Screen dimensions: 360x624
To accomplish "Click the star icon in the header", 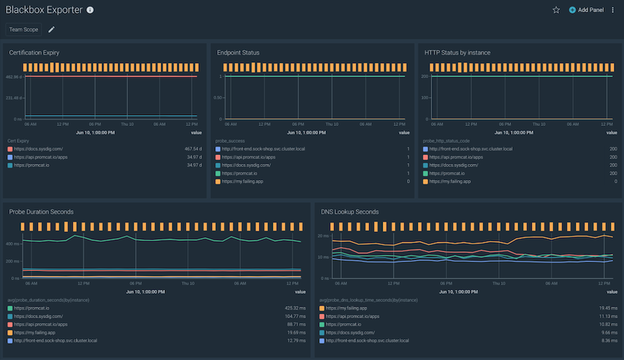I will (556, 10).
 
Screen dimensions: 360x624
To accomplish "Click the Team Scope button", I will (24, 29).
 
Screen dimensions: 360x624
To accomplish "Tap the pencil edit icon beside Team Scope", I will (52, 29).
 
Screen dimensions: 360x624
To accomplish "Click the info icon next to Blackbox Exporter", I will (90, 10).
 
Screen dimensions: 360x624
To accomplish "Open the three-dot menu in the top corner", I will (612, 10).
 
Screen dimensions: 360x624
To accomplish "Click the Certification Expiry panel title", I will (34, 52).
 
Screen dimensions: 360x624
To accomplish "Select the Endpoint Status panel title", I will (238, 52).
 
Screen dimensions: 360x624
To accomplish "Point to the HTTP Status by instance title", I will (457, 52).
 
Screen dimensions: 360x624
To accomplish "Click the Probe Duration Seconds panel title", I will (41, 212).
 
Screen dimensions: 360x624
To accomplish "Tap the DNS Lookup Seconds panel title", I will (350, 212).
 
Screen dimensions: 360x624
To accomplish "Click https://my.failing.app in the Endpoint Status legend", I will (242, 181).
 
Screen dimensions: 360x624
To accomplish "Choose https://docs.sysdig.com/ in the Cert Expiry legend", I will (37, 149).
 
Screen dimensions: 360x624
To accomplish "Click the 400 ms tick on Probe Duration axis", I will (12, 244).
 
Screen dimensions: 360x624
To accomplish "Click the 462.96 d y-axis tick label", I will (14, 77).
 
